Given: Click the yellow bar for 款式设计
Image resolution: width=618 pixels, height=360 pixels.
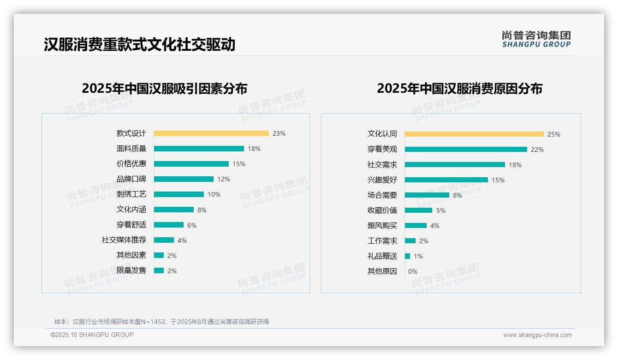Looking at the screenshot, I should coord(211,133).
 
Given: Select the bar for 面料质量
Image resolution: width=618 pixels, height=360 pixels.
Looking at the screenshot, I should coord(199,149).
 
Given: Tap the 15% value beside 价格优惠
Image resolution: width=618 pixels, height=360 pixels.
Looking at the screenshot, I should coord(239,164).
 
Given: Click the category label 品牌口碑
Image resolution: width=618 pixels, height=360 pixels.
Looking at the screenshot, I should coord(131,179).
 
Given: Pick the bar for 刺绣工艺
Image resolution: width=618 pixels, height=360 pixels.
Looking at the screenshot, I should coord(179,194).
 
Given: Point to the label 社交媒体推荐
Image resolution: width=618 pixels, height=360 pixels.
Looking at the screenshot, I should coord(124,240).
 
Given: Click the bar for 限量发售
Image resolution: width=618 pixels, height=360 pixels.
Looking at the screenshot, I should coord(159,270).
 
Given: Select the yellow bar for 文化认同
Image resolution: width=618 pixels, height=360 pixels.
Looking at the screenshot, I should coord(474,134).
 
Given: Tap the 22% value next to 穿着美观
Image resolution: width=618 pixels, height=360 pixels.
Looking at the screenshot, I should coord(537,150).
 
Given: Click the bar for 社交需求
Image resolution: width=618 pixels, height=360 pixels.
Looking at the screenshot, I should coord(455,165).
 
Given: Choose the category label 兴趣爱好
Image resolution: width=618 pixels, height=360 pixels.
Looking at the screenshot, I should coord(382,180).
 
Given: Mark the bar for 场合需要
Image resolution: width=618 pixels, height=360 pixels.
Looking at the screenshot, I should coord(427,195).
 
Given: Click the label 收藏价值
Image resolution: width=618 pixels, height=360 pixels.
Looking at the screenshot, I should coord(382,210).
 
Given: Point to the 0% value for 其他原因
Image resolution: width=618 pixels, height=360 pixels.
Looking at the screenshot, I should coord(412,271).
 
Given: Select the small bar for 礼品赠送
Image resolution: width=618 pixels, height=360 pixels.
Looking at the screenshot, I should coord(407,256).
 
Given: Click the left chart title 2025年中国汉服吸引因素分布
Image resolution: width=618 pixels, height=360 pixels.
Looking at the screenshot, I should coord(164,89).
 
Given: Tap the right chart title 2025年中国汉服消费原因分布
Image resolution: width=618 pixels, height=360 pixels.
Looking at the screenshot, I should coord(459,89).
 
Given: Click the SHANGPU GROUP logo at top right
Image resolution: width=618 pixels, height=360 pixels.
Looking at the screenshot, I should coord(536,39).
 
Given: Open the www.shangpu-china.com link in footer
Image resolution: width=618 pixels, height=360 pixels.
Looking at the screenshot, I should coord(537,335).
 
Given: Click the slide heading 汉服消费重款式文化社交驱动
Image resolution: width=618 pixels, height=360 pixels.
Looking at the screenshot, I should coord(139,45).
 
